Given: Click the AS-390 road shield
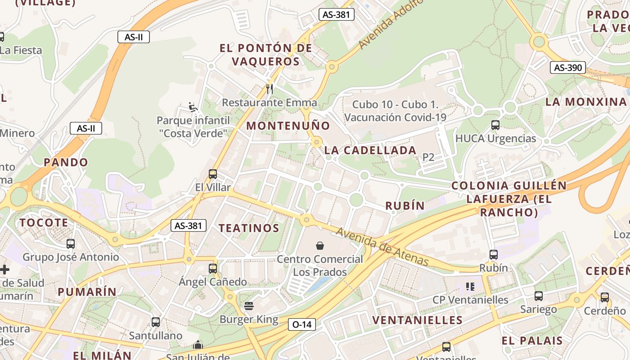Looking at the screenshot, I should click(x=568, y=68).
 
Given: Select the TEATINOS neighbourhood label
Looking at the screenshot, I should click(x=249, y=228).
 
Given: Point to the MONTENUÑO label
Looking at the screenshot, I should click(x=288, y=126).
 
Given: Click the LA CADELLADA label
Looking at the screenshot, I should click(x=370, y=150).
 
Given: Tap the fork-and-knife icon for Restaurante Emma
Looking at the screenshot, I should click(x=270, y=89).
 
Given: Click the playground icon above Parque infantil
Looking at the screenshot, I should click(x=193, y=107).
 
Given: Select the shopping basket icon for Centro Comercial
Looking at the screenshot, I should click(x=319, y=246).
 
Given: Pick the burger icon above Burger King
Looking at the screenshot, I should click(x=249, y=306).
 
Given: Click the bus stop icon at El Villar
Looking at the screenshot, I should click(x=213, y=174).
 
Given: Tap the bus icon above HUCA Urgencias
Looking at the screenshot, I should click(x=495, y=125).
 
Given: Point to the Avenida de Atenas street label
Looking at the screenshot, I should click(x=382, y=247).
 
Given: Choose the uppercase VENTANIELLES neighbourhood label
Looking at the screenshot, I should click(x=417, y=320).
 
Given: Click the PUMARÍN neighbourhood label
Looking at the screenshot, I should click(x=87, y=292).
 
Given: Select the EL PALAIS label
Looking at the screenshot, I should click(x=532, y=341).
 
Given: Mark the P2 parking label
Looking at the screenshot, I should click(x=428, y=157).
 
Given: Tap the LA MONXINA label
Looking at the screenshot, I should click(x=586, y=102).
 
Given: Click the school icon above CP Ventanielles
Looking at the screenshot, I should click(x=470, y=287).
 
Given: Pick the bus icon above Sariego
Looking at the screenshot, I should click(x=539, y=296).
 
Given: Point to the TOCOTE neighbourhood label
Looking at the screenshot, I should click(x=44, y=223).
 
